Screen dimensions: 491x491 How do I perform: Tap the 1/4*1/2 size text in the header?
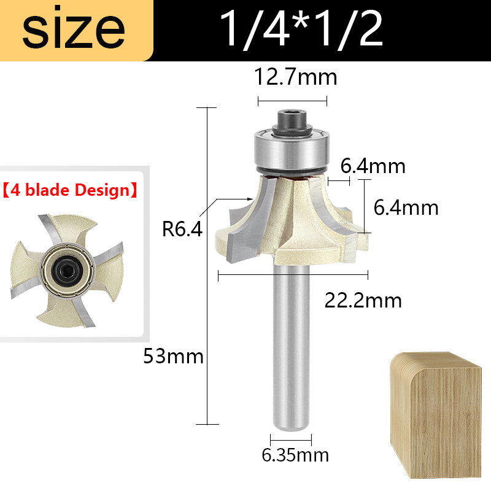(301, 29)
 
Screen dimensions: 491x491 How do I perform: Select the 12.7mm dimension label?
(295, 77)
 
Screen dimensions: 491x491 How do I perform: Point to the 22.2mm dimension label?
(363, 301)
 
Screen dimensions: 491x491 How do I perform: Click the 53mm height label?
(174, 357)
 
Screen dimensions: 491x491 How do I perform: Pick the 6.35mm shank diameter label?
(295, 455)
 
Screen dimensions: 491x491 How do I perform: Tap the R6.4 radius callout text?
(182, 229)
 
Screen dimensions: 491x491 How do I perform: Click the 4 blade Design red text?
(70, 190)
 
